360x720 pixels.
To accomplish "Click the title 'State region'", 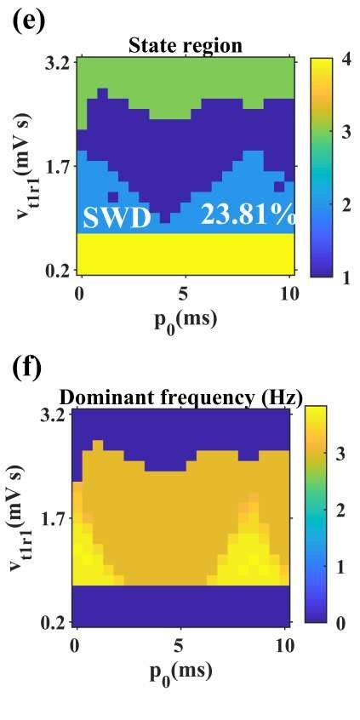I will coord(185,45).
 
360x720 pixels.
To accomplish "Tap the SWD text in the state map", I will coord(117,219).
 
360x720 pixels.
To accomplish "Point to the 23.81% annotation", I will coord(248,215).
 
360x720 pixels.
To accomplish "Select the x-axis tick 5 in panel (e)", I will coord(183,294).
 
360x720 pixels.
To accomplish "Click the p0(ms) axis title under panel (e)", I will coord(184,320).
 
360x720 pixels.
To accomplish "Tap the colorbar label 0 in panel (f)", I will coord(340,623).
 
